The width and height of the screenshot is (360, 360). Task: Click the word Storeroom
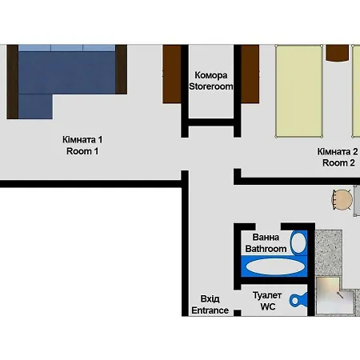[211, 86]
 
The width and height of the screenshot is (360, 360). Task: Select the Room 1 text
[82, 150]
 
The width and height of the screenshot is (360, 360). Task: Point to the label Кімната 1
[82, 138]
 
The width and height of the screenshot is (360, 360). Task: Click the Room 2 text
[338, 162]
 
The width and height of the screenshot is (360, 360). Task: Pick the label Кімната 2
[338, 150]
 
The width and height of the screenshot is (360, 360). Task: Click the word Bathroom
[266, 249]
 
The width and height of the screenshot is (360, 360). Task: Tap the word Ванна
[266, 238]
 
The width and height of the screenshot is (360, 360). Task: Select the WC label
[267, 307]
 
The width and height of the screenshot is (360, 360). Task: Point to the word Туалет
[267, 295]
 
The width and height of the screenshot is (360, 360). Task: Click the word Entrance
[210, 310]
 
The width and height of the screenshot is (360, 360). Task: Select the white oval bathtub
[274, 266]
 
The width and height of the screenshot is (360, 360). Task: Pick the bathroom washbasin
[298, 242]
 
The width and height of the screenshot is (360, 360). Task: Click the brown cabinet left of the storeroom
[172, 74]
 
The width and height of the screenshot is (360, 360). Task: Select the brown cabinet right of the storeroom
[250, 74]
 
